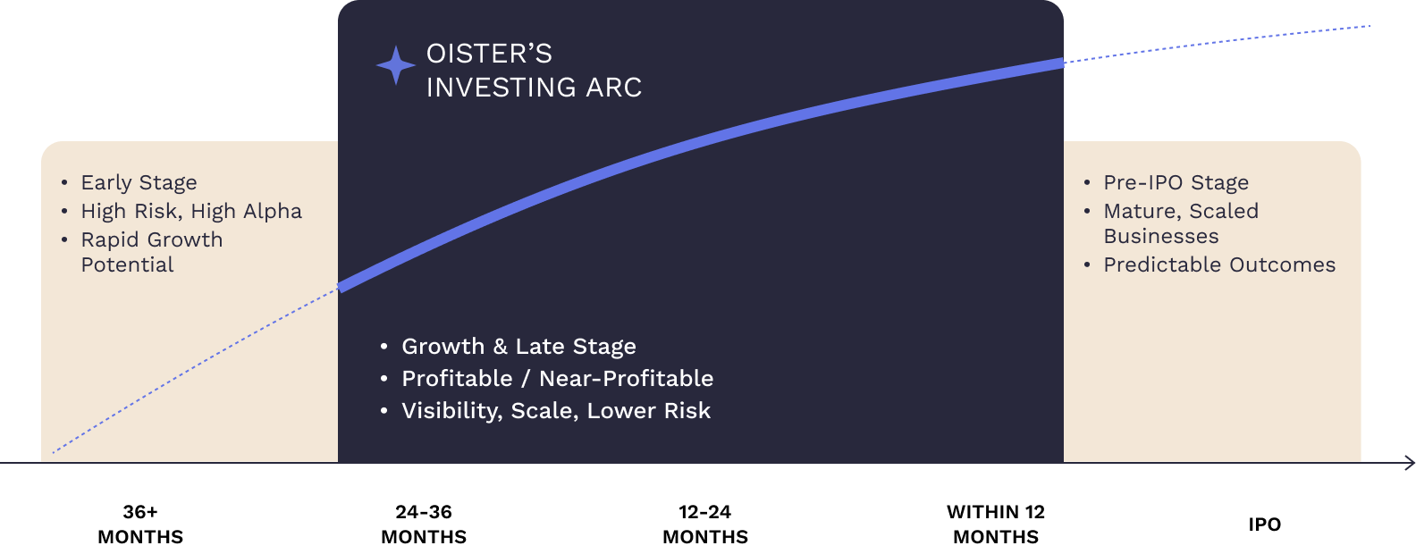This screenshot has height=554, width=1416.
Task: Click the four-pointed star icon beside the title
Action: pyautogui.click(x=396, y=65)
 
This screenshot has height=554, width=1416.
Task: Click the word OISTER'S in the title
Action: pyautogui.click(x=489, y=54)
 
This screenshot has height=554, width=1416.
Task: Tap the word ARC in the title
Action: pyautogui.click(x=614, y=88)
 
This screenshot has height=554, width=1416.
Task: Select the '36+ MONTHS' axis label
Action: pyautogui.click(x=140, y=525)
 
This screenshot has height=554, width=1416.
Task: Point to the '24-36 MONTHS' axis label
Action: pyautogui.click(x=424, y=525)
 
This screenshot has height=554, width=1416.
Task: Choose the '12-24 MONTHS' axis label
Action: pyautogui.click(x=705, y=525)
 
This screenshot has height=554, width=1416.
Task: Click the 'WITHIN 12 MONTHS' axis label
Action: pyautogui.click(x=996, y=525)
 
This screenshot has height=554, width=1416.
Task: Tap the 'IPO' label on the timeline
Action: pyautogui.click(x=1264, y=525)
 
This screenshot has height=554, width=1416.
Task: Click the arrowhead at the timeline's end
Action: pyautogui.click(x=1410, y=463)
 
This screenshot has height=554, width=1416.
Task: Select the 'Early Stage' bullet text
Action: pyautogui.click(x=139, y=182)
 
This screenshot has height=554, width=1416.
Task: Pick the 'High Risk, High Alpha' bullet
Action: pyautogui.click(x=191, y=211)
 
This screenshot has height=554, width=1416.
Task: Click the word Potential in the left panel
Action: pyautogui.click(x=127, y=264)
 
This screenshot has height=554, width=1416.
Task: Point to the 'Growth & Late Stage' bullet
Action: pyautogui.click(x=519, y=346)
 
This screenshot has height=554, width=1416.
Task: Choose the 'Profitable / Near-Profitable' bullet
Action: pyautogui.click(x=558, y=378)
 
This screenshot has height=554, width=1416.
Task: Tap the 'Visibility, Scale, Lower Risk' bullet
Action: pyautogui.click(x=556, y=411)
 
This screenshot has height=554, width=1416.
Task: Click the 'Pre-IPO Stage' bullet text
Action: pyautogui.click(x=1176, y=182)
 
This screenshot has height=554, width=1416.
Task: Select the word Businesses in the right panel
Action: pyautogui.click(x=1161, y=236)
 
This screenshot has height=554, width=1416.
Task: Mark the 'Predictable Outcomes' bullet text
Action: pyautogui.click(x=1219, y=264)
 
